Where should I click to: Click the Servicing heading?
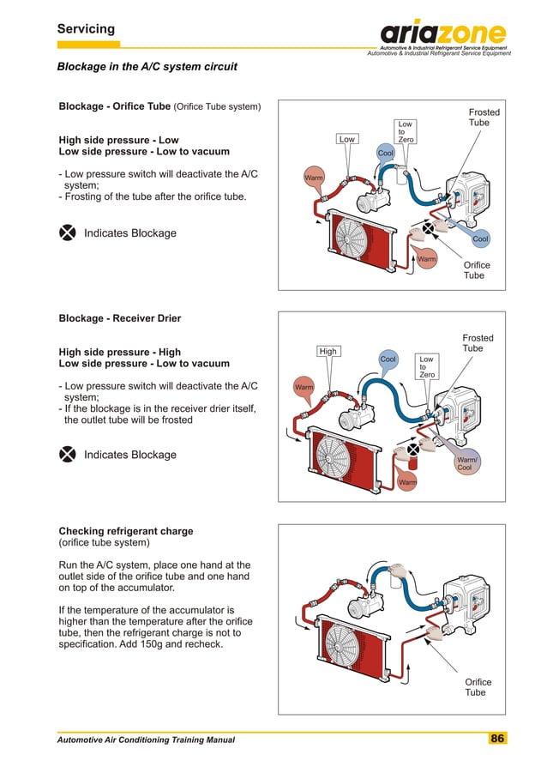[x=86, y=29]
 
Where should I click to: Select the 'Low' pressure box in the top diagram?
[x=346, y=138]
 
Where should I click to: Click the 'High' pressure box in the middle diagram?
[x=328, y=351]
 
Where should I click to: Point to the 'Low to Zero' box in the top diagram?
[x=406, y=131]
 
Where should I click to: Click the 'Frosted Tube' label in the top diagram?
[x=484, y=118]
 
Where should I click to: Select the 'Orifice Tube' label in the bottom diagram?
[x=478, y=687]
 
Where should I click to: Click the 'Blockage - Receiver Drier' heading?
[x=119, y=318]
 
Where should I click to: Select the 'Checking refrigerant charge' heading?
[x=126, y=531]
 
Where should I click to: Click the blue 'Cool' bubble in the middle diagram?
[x=388, y=360]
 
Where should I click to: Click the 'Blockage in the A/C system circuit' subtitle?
[x=147, y=66]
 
